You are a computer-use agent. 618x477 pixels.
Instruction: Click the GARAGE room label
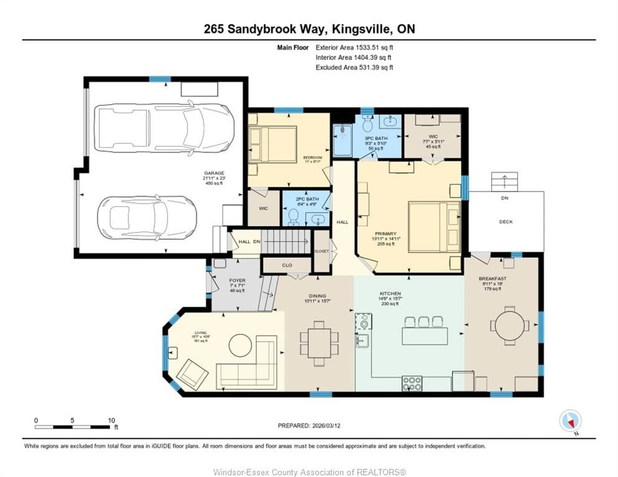coord(214,173)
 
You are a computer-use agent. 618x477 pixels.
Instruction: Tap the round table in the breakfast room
coord(510,326)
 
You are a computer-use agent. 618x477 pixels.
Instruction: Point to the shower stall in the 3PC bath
coord(342,140)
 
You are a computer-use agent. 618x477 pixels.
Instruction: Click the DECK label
coord(506,222)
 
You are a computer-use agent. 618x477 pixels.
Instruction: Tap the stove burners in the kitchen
coord(412,383)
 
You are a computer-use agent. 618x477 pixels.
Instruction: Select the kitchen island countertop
coord(424,336)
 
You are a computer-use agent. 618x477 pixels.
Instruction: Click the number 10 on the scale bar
coord(112,420)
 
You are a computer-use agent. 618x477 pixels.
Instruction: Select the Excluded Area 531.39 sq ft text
coord(354,67)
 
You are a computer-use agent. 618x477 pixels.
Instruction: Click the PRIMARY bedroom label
coord(385,234)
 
